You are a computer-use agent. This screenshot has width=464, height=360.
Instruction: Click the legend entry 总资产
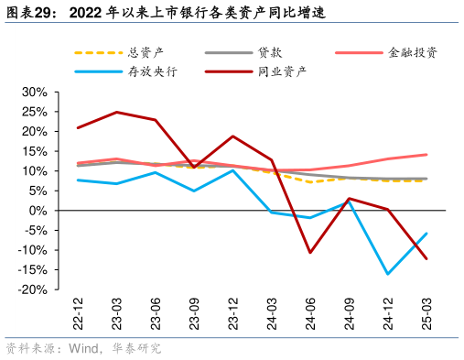(146, 52)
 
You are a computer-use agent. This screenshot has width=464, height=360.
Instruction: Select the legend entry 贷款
(270, 52)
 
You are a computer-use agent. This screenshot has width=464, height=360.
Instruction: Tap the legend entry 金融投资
(412, 52)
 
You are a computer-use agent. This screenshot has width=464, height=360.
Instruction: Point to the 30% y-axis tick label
(34, 93)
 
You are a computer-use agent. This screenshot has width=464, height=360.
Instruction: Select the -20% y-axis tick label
(32, 289)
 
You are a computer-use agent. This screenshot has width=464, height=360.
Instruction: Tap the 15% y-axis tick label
(34, 151)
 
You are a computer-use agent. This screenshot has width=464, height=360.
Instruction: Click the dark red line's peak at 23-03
(116, 113)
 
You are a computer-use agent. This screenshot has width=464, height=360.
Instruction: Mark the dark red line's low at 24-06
(310, 253)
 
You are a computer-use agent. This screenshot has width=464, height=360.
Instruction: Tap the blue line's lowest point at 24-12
(387, 274)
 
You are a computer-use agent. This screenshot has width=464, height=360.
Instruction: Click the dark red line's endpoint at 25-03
(426, 258)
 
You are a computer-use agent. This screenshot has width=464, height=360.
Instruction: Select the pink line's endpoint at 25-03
(426, 155)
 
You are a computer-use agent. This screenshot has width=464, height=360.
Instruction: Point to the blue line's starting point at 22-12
(78, 180)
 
